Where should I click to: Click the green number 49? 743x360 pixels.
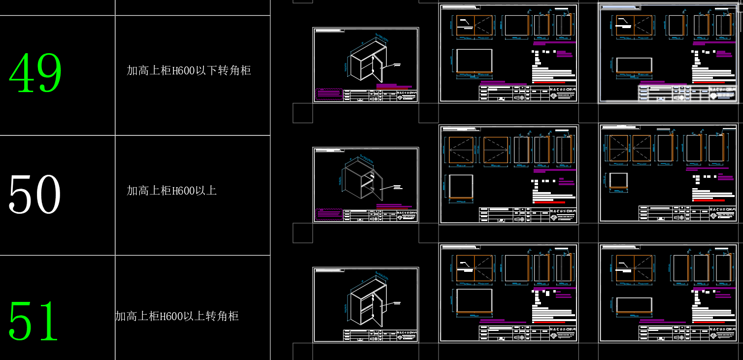click(x=35, y=73)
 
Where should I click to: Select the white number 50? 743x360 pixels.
click(x=35, y=194)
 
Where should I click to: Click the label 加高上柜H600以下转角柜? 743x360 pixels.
click(x=189, y=70)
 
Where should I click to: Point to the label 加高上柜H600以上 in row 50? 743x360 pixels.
click(x=171, y=191)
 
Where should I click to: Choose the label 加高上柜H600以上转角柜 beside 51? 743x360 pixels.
click(x=177, y=316)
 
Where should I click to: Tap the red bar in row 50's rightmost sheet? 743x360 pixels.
click(x=709, y=200)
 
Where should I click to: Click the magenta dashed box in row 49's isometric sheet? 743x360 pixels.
click(x=329, y=94)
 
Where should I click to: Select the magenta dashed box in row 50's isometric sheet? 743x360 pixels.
click(x=329, y=214)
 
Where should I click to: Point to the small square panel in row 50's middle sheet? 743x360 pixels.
click(x=461, y=186)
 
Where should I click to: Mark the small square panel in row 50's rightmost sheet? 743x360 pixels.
click(x=619, y=181)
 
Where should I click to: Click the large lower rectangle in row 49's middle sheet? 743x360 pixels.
click(x=474, y=61)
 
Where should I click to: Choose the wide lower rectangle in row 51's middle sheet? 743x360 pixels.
click(x=474, y=300)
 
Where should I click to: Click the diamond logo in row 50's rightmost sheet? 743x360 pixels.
click(x=713, y=216)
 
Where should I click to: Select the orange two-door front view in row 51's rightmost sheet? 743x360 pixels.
click(x=634, y=268)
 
